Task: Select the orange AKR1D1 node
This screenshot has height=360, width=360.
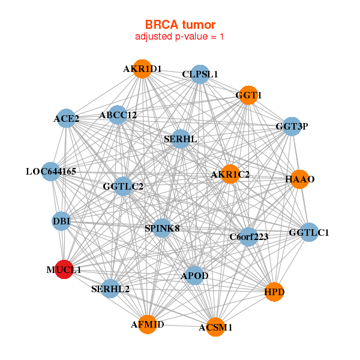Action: pyautogui.click(x=142, y=68)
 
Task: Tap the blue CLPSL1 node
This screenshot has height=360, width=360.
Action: pyautogui.click(x=200, y=74)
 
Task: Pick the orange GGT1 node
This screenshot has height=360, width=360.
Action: pyautogui.click(x=248, y=95)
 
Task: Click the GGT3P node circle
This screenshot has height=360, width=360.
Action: pyautogui.click(x=292, y=126)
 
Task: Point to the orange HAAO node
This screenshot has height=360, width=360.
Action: pyautogui.click(x=299, y=179)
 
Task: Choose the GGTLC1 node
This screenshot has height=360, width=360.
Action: pyautogui.click(x=308, y=232)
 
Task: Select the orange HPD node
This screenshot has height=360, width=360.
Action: pyautogui.click(x=274, y=292)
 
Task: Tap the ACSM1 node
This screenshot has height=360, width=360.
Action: pyautogui.click(x=215, y=327)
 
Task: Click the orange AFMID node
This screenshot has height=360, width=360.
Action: pyautogui.click(x=147, y=324)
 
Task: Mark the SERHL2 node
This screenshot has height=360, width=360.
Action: pyautogui.click(x=110, y=289)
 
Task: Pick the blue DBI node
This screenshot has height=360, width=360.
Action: pyautogui.click(x=62, y=221)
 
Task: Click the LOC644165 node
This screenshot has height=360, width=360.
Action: pyautogui.click(x=51, y=172)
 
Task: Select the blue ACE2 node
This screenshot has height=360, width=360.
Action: pyautogui.click(x=67, y=118)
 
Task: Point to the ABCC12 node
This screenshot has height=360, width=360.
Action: pyautogui.click(x=118, y=115)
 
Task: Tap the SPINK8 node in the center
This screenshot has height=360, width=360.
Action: pyautogui.click(x=163, y=228)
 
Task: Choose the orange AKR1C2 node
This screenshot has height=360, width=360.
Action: pyautogui.click(x=230, y=175)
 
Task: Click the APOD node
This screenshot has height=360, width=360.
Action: pyautogui.click(x=194, y=275)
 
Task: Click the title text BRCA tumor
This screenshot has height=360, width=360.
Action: pyautogui.click(x=180, y=25)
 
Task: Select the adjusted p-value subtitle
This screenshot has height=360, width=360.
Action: pyautogui.click(x=180, y=37)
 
